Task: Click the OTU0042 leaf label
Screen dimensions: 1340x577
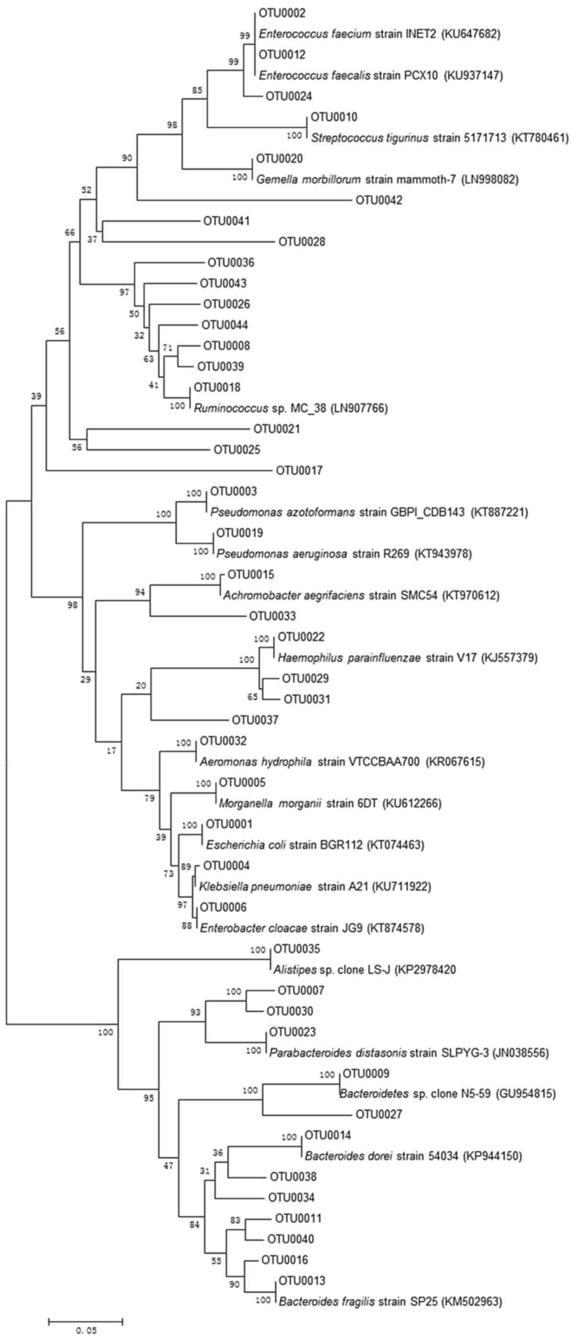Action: [379, 200]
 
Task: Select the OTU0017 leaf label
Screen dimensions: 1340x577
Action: [299, 471]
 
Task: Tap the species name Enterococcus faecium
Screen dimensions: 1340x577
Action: [315, 35]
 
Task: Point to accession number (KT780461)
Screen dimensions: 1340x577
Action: [540, 139]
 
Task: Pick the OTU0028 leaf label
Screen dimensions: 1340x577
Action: [302, 242]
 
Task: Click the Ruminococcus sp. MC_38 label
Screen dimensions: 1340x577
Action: [260, 408]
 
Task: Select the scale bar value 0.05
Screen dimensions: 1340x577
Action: [86, 1327]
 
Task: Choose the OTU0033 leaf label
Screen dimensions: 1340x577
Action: [272, 616]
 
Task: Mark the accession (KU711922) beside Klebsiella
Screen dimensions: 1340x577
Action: [401, 887]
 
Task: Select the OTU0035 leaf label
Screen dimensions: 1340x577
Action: [297, 949]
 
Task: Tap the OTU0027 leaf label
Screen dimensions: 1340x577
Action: [379, 1116]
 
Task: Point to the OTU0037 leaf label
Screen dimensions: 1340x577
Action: [255, 720]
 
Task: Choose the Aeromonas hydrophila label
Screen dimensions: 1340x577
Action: [256, 762]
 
